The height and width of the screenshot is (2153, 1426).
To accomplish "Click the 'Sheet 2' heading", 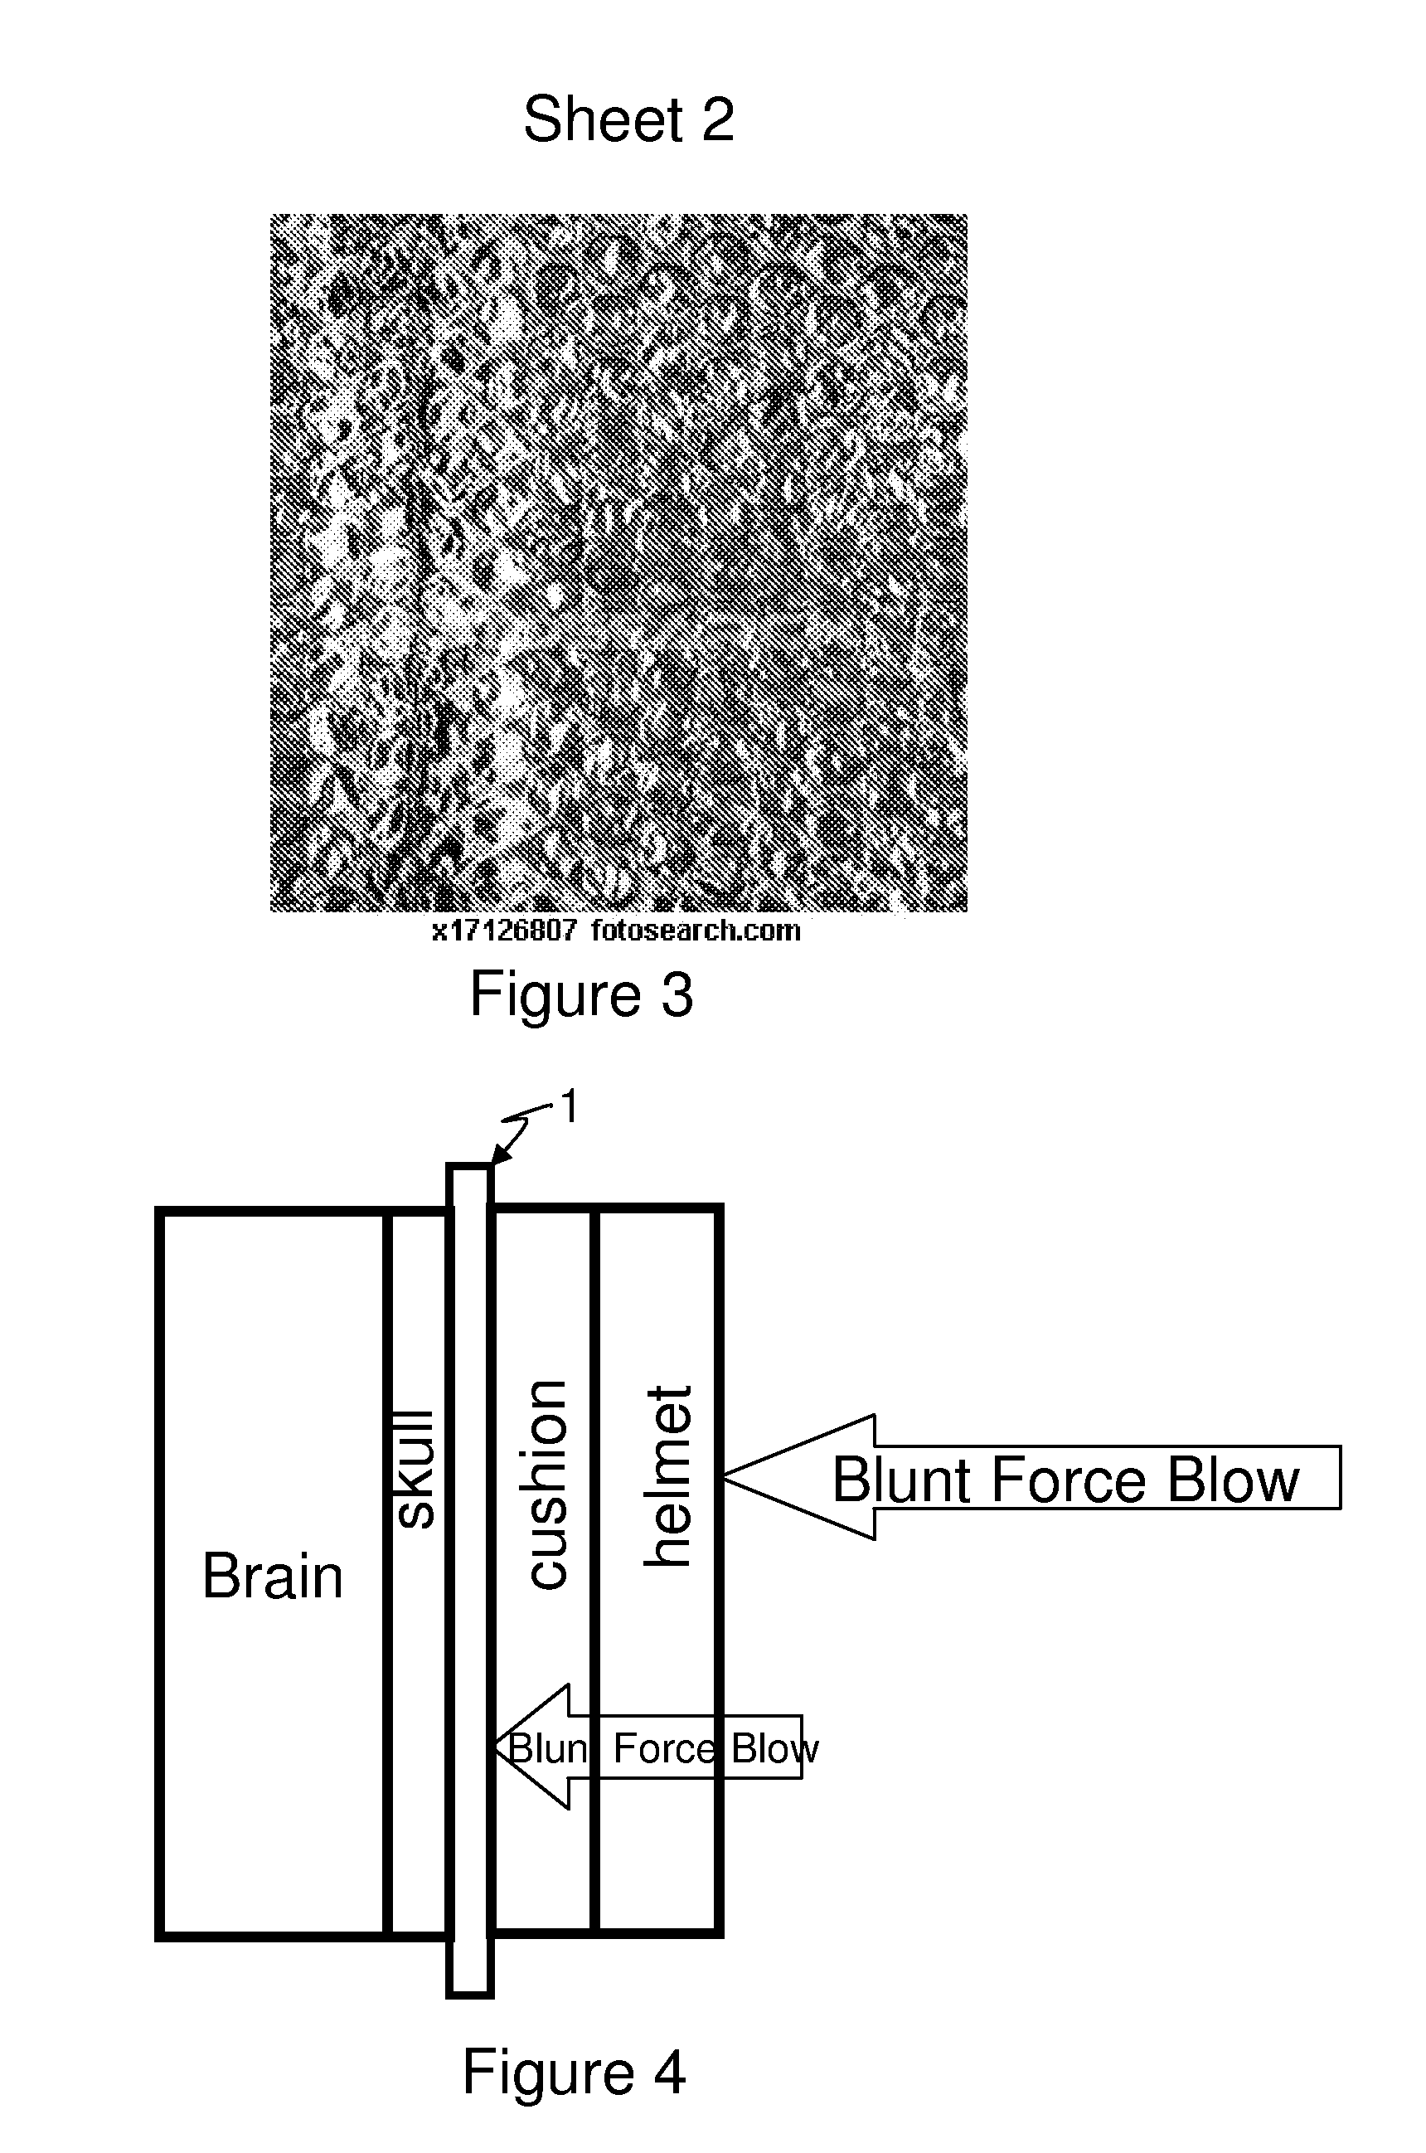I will point(628,119).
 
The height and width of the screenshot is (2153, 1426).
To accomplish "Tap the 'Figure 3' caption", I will point(581,994).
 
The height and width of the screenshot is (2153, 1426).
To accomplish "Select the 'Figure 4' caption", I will point(573,2072).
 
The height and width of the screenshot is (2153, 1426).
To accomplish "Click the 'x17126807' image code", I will point(503,931).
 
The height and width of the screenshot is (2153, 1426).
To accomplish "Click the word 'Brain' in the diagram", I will point(272,1577).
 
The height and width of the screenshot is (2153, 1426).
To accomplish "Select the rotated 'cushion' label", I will point(547,1485).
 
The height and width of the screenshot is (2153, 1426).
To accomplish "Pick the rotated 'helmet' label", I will point(669,1477).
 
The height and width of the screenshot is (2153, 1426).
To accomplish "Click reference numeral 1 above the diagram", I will point(570,1108).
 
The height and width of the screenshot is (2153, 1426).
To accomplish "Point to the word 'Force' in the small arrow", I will point(664,1748).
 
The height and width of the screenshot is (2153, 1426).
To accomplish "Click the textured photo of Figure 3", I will point(618,563).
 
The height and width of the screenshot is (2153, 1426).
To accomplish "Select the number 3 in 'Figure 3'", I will point(677,994).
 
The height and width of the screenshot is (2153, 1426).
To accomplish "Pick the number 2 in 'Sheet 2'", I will point(716,119).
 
